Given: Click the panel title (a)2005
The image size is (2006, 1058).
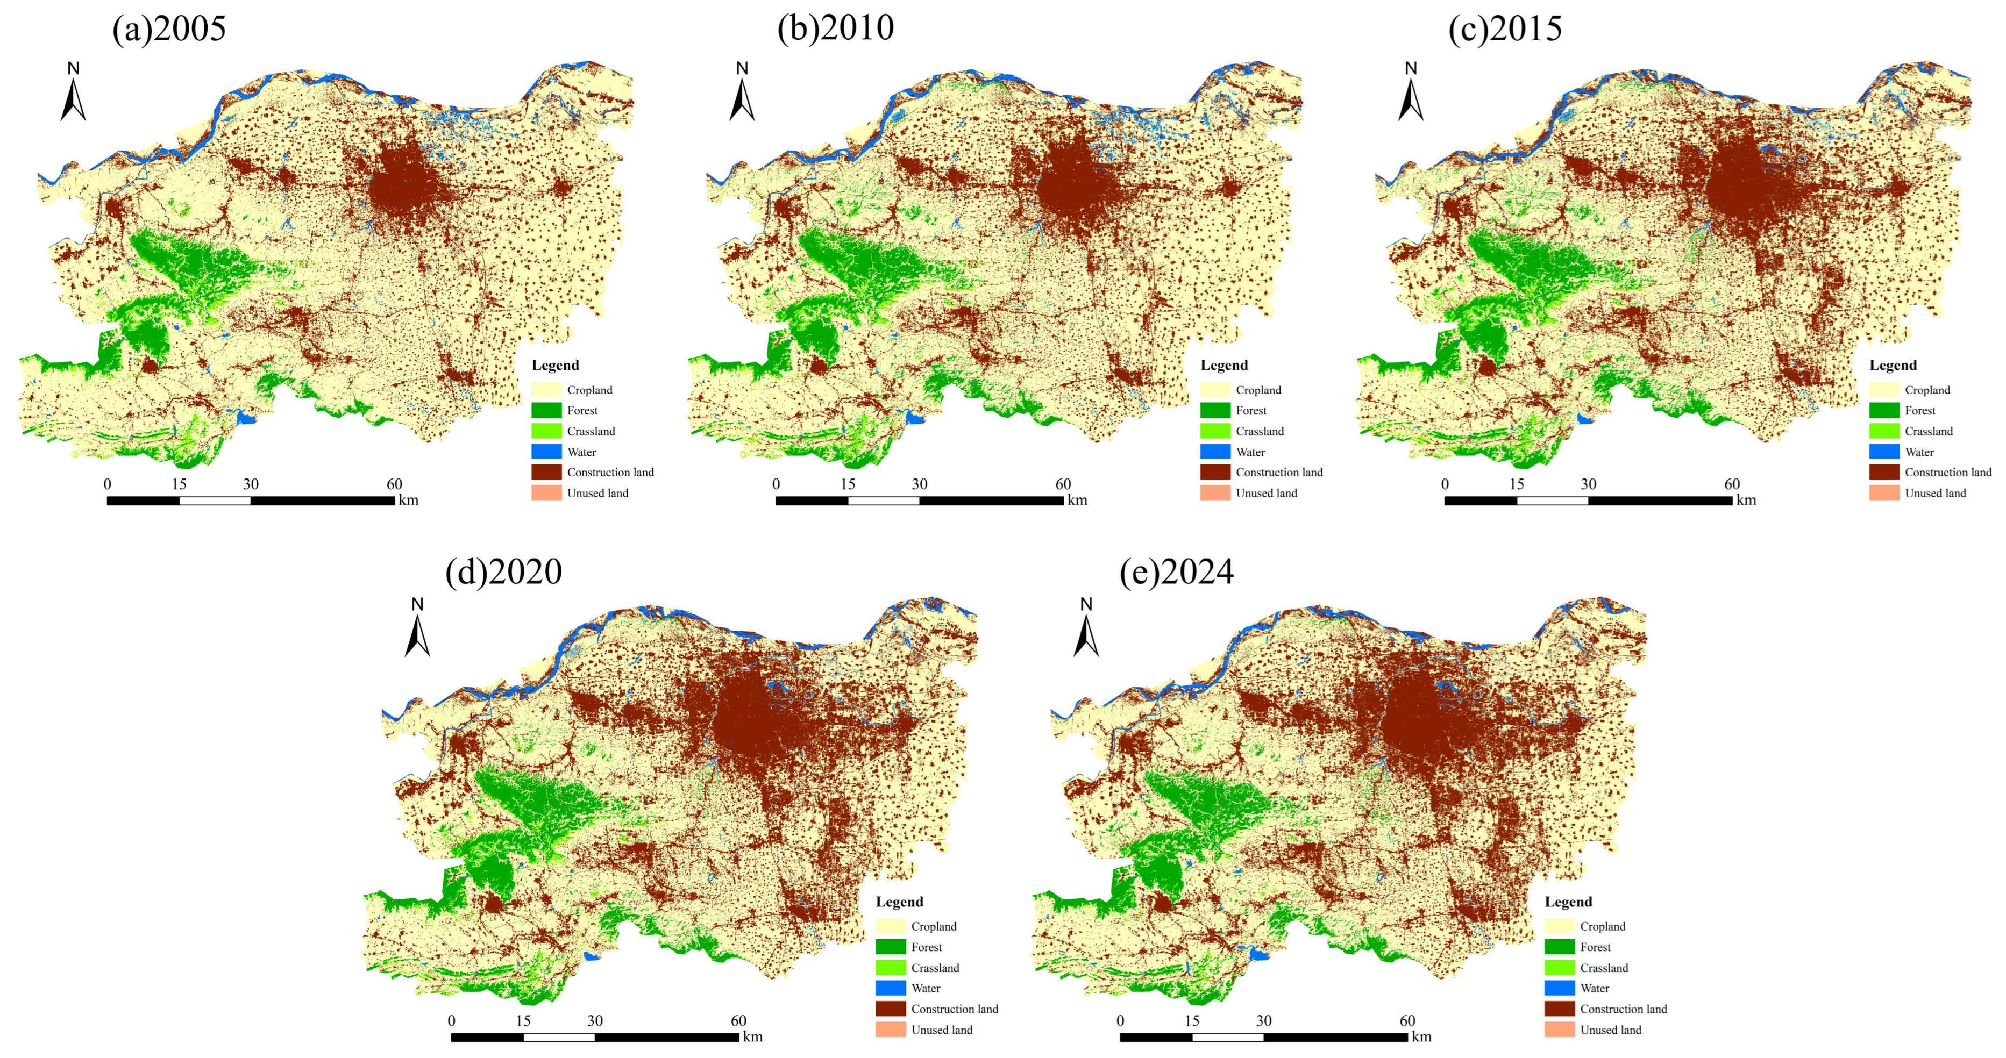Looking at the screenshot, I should click(x=169, y=29).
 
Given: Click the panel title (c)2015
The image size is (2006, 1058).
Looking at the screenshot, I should click(x=1505, y=29).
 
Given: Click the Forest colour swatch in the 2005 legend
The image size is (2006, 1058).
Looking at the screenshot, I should click(x=546, y=410).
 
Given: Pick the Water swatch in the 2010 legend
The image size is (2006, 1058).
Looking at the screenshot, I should click(x=1215, y=452).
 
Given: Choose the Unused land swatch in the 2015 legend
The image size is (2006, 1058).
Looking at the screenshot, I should click(x=1884, y=493).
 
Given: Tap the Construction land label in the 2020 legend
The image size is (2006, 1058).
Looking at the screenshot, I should click(x=954, y=1009).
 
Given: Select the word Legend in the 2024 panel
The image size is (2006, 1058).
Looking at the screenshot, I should click(x=1568, y=902).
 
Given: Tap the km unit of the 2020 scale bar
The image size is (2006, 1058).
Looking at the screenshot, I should click(x=752, y=1037).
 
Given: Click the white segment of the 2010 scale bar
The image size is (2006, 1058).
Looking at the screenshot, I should click(x=883, y=501).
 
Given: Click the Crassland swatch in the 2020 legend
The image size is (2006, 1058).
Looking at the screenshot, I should click(x=890, y=968).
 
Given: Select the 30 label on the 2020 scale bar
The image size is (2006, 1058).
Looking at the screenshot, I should click(x=595, y=1020).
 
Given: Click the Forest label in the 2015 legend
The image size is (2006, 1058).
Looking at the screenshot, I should click(x=1919, y=410).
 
